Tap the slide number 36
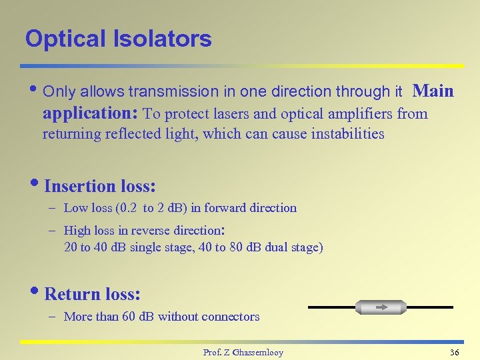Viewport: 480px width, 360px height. [x=454, y=352]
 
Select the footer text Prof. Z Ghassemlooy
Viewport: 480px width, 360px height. [x=243, y=352]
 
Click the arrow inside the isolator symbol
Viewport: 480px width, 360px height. [x=382, y=307]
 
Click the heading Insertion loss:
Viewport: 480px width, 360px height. [x=99, y=186]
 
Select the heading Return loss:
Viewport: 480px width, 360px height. [x=92, y=294]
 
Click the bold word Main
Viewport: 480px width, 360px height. [x=433, y=91]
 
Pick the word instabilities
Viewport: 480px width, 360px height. [x=345, y=134]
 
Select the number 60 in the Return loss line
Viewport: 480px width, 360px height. [x=129, y=317]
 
